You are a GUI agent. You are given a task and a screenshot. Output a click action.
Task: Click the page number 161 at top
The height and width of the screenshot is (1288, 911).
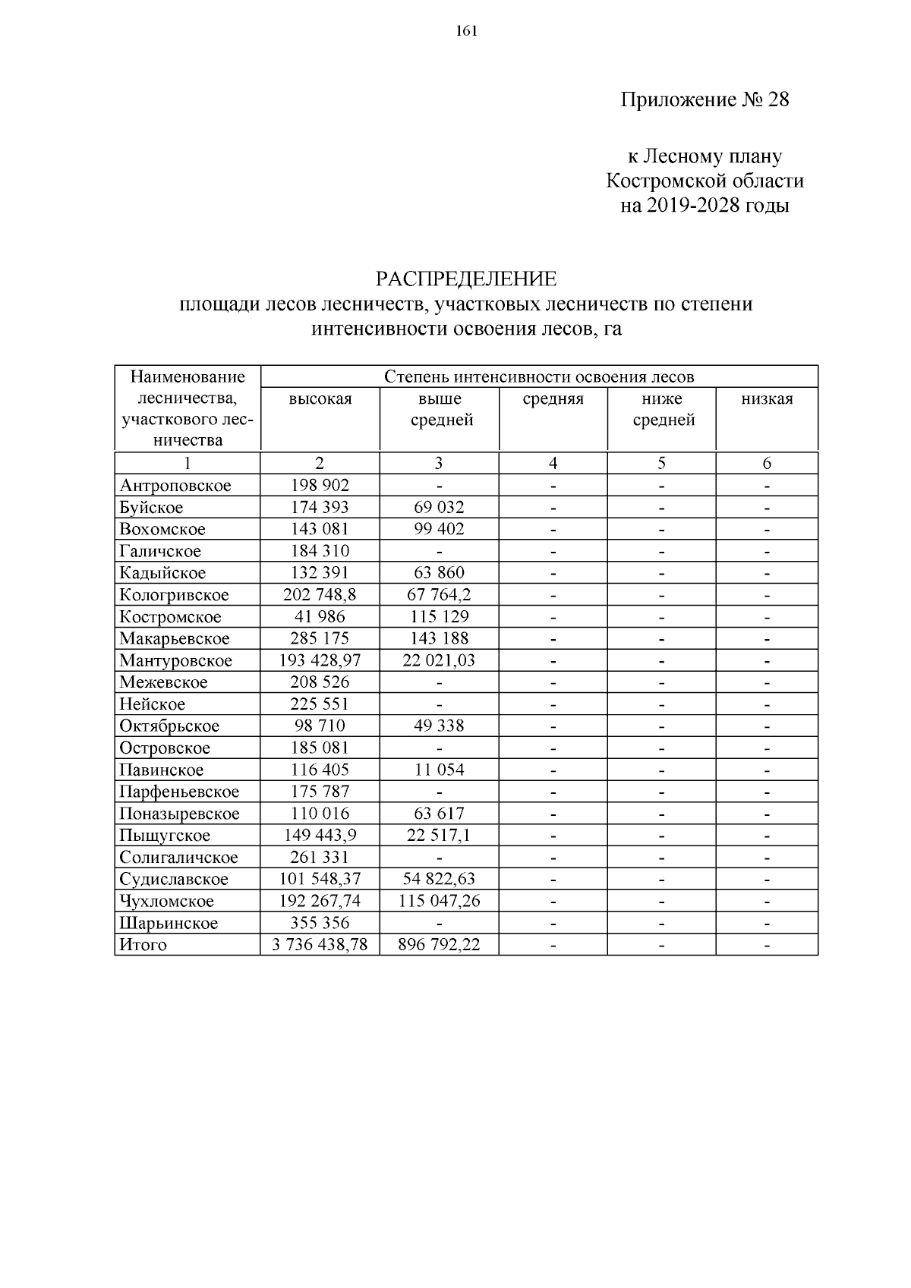[465, 30]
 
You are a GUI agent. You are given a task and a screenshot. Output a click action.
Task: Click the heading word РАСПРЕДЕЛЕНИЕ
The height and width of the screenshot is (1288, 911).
[465, 279]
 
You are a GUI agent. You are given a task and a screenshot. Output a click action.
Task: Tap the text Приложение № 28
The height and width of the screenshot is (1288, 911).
[705, 100]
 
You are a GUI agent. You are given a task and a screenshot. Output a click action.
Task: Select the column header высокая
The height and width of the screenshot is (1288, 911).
[320, 399]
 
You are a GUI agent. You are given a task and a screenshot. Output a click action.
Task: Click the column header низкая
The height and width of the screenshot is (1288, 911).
[767, 399]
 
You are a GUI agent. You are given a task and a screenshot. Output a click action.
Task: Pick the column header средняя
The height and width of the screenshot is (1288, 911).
[553, 399]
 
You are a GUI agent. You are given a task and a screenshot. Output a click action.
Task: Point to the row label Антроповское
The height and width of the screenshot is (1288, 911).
[175, 486]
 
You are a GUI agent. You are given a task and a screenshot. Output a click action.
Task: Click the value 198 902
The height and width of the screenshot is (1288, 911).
[320, 486]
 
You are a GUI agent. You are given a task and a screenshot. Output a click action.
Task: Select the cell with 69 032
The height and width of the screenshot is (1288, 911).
[439, 507]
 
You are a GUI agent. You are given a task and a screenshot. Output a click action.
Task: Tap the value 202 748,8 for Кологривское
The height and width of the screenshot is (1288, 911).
[320, 595]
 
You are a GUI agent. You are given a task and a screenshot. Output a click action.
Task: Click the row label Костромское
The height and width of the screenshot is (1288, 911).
[170, 617]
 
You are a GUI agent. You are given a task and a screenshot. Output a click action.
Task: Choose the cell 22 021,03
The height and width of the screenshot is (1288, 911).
[439, 660]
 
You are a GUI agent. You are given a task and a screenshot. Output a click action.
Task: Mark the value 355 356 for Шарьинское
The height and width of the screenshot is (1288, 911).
[320, 923]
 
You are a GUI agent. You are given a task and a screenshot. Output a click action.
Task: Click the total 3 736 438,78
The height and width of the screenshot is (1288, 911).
[320, 945]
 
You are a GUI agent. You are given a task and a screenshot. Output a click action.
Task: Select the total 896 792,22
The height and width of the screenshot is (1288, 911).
[439, 945]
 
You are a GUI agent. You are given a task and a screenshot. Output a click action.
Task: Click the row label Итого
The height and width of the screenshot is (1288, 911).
[143, 945]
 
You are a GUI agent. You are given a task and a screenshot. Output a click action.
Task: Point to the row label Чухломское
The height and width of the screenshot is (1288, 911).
[167, 902]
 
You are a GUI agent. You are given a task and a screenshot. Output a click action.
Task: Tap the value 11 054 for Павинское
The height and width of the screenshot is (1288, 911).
[439, 770]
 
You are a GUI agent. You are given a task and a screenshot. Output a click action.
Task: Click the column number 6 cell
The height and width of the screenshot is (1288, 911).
[767, 463]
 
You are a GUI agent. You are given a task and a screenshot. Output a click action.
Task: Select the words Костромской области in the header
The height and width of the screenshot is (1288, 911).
[705, 181]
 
